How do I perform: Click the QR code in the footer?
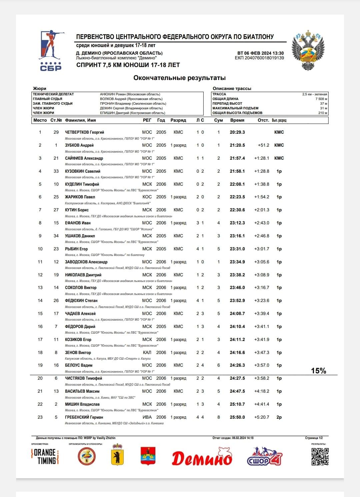click(x=320, y=456)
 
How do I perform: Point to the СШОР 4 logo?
click(x=264, y=456)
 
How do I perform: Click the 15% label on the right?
click(x=318, y=371)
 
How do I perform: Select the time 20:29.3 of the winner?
click(x=237, y=132)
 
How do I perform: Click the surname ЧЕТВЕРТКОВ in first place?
click(x=77, y=132)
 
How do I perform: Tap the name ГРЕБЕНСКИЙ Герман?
click(x=84, y=417)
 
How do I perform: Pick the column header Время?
click(x=237, y=120)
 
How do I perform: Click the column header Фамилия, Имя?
click(x=80, y=120)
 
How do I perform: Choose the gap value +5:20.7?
click(x=261, y=417)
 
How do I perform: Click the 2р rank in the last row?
click(x=279, y=417)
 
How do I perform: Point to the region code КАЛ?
click(x=147, y=353)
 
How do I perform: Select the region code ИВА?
click(x=147, y=417)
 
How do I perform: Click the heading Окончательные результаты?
click(x=179, y=78)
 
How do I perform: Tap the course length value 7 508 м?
click(x=321, y=99)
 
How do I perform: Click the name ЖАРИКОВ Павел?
click(x=80, y=197)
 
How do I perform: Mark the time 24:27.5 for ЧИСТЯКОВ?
click(x=237, y=378)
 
